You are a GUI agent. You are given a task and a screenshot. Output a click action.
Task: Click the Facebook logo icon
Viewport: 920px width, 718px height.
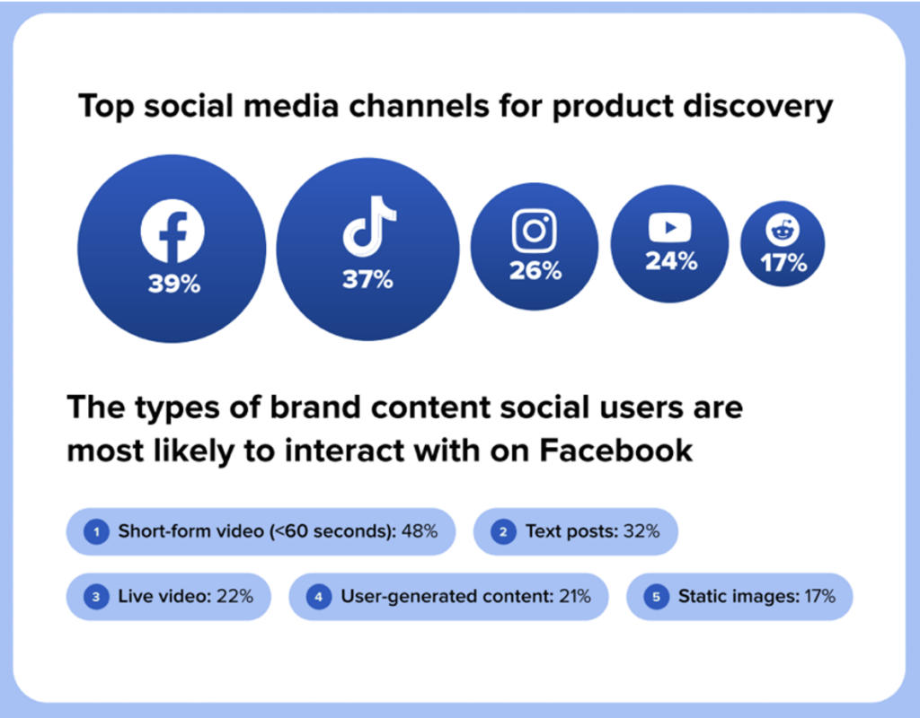tap(172, 232)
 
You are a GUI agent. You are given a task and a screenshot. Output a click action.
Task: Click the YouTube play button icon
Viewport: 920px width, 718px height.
tap(670, 229)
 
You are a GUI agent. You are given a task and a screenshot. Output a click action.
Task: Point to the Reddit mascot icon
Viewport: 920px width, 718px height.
tap(783, 232)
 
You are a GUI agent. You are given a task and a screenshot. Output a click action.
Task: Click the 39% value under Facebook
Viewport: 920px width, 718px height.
tap(174, 285)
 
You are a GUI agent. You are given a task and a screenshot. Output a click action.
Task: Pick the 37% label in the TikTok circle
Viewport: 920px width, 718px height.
tap(367, 280)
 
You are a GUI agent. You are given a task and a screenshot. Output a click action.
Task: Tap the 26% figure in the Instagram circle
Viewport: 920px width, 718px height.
tap(535, 270)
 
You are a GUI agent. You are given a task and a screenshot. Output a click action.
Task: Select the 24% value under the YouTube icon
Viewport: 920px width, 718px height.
tap(670, 262)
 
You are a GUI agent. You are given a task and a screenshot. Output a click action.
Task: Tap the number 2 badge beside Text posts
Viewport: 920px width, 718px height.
tap(503, 532)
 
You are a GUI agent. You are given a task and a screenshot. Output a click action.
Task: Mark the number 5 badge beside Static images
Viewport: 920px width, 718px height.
tap(655, 597)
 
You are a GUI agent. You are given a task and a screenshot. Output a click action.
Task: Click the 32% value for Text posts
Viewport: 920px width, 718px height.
tap(641, 531)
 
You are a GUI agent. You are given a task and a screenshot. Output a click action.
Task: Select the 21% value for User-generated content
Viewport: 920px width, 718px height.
tap(573, 596)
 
